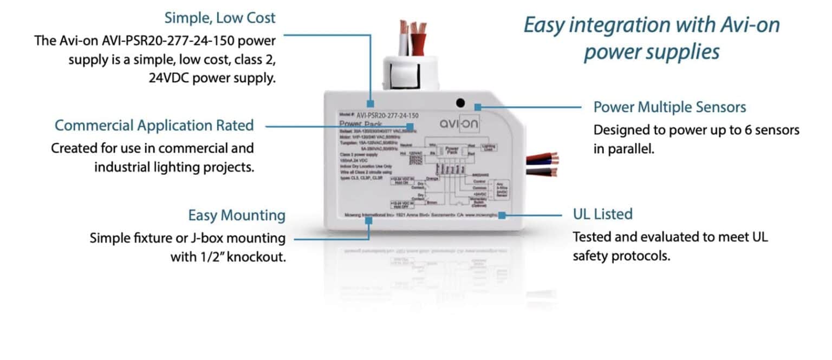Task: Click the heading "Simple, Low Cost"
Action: coord(220,18)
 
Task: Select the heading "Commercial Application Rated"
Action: coord(154,126)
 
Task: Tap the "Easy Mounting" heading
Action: coord(236,215)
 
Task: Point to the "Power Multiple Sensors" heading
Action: coord(669,107)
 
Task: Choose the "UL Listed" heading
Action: coord(602,214)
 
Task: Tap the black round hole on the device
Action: coord(460,102)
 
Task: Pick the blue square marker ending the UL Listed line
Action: coord(502,215)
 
